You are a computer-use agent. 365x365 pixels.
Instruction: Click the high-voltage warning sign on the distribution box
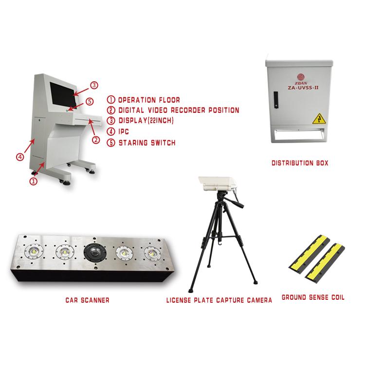pyautogui.click(x=319, y=119)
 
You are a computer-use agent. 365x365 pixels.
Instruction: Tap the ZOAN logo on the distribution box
pyautogui.click(x=301, y=79)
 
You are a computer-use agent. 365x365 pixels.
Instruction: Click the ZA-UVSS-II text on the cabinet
pyautogui.click(x=303, y=88)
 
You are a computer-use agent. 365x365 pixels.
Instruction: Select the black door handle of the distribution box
pyautogui.click(x=276, y=100)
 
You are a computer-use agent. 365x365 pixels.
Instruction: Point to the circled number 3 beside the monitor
pyautogui.click(x=94, y=85)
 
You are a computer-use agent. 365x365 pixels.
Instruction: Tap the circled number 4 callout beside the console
pyautogui.click(x=20, y=157)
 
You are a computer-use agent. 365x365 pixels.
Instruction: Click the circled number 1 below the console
pyautogui.click(x=34, y=181)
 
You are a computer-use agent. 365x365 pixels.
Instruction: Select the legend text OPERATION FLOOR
pyautogui.click(x=149, y=100)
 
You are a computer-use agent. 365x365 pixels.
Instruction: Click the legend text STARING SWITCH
pyautogui.click(x=147, y=143)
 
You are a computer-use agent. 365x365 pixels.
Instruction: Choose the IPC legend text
pyautogui.click(x=124, y=131)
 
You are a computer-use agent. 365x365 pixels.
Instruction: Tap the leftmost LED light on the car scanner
pyautogui.click(x=34, y=252)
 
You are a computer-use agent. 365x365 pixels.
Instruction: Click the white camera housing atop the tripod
pyautogui.click(x=218, y=184)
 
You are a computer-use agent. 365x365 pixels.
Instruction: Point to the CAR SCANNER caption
pyautogui.click(x=87, y=300)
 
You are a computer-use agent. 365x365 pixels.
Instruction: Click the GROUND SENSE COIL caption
pyautogui.click(x=313, y=297)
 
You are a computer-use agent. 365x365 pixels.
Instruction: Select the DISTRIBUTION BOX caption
pyautogui.click(x=300, y=163)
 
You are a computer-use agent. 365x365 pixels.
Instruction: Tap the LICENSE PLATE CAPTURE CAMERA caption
pyautogui.click(x=219, y=300)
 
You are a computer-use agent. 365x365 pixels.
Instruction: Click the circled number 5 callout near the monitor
pyautogui.click(x=90, y=102)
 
